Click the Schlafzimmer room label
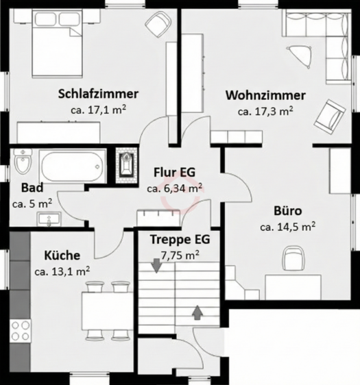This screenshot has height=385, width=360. point(99,94)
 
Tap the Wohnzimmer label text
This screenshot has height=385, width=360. point(265,95)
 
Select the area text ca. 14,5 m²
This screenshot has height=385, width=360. point(287,226)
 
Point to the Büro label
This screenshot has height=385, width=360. point(287,211)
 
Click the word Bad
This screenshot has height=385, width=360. point(32,188)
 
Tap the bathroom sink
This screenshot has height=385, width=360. point(49,219)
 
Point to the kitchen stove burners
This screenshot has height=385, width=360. point(20,330)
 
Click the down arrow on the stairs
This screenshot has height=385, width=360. point(157,265)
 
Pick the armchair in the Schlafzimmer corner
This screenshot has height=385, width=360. point(159,27)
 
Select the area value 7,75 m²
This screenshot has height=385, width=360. point(180,255)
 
